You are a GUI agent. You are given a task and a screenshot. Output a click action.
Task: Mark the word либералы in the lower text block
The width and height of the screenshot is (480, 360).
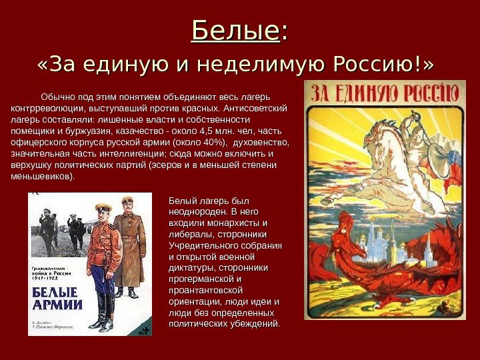(x=190, y=234)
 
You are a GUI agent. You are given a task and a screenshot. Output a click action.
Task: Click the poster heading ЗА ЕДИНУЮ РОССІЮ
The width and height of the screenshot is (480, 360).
(x=385, y=92)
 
